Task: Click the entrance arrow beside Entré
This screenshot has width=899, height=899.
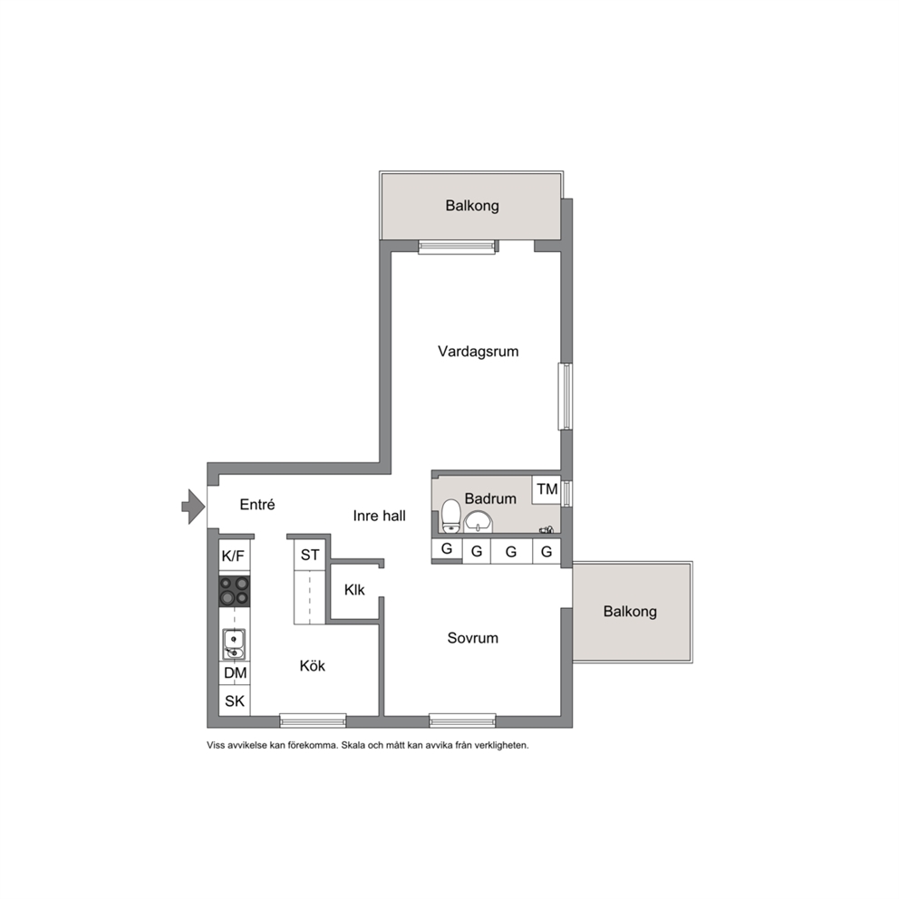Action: (194, 507)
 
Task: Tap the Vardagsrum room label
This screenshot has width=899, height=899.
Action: (478, 352)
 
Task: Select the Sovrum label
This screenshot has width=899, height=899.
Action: (472, 638)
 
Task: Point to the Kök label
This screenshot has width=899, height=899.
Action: (312, 666)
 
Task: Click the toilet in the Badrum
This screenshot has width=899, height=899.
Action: (451, 516)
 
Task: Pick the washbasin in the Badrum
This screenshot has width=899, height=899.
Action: (478, 522)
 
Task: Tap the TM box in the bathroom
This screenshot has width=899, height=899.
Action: (546, 489)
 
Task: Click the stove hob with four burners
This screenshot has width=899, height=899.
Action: (235, 591)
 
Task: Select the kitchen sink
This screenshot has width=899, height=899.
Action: (234, 643)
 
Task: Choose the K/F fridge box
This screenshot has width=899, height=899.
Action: (233, 556)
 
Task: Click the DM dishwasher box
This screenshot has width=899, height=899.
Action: (235, 673)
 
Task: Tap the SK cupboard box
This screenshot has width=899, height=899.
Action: (235, 701)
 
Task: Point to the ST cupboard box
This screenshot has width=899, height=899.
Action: (310, 555)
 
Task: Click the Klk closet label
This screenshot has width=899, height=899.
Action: (354, 590)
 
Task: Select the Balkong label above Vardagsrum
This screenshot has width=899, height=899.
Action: (472, 206)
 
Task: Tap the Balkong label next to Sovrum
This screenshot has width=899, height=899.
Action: (630, 612)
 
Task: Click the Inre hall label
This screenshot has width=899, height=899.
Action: (379, 516)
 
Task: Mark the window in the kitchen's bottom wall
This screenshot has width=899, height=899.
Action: (313, 720)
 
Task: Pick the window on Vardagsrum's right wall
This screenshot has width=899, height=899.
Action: (565, 396)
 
